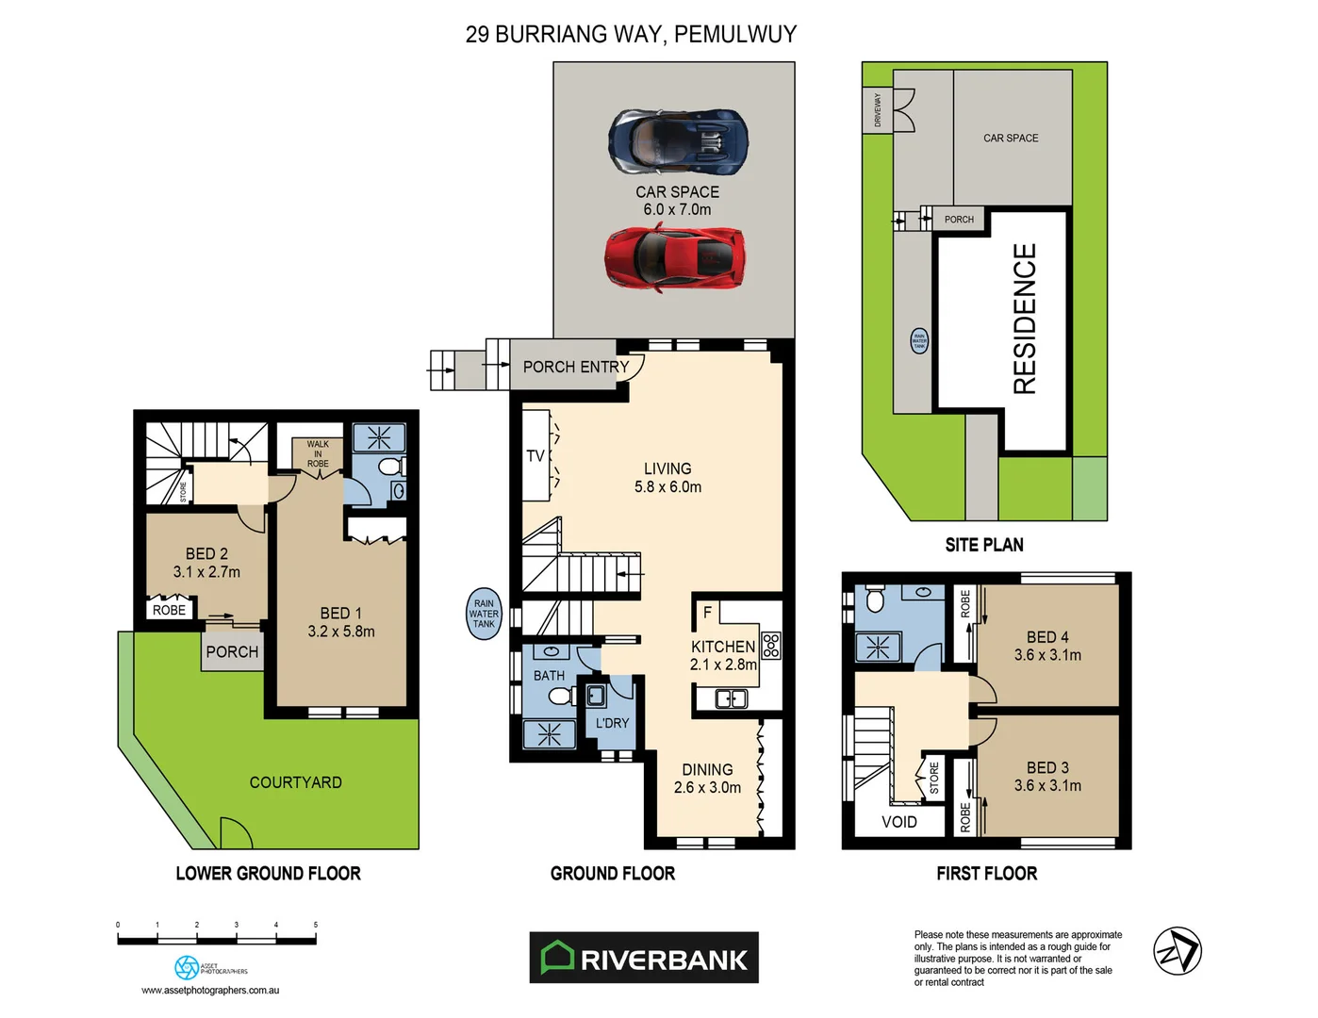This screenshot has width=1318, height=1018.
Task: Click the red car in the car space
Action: [x=675, y=256]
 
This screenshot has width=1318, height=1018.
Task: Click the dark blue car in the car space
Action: [x=678, y=141]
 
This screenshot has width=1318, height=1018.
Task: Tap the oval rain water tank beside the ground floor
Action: [x=484, y=614]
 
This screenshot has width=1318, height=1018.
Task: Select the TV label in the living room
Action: [x=535, y=456]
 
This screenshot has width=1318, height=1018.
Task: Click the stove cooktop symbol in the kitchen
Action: [x=771, y=645]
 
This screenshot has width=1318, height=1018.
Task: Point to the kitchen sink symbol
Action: [x=732, y=698]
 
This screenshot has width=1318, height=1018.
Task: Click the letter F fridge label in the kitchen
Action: [x=707, y=613]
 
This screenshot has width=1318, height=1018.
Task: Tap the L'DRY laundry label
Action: [x=612, y=723]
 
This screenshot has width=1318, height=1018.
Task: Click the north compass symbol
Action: [x=1178, y=951]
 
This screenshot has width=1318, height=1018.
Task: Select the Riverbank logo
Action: [x=644, y=958]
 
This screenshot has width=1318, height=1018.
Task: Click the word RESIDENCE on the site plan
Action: [x=1024, y=319]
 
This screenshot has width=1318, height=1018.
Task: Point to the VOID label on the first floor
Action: [x=898, y=822]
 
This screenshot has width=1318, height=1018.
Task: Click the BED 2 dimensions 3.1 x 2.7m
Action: [x=206, y=572]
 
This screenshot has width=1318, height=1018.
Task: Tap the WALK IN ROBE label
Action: [x=318, y=453]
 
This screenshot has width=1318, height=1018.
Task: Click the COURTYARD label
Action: [x=295, y=782]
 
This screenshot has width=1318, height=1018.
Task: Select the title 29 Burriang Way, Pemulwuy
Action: [x=631, y=34]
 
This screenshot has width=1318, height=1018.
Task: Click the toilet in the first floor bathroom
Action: [x=873, y=599]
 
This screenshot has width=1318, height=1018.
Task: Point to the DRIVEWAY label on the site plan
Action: [x=878, y=109]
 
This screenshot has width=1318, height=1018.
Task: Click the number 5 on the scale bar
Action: [x=316, y=925]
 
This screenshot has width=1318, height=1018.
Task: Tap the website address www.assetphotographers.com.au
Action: [x=210, y=990]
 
